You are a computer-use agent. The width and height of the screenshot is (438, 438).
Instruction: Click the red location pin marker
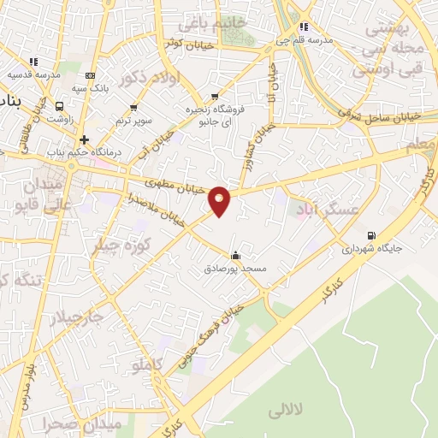[x=220, y=200]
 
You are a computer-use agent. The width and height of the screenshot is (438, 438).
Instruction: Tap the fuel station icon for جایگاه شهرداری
[x=370, y=236]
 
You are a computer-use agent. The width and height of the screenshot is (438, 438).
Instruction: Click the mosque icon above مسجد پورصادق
[x=235, y=255]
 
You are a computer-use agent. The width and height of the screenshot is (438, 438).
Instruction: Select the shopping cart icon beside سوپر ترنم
[x=133, y=108]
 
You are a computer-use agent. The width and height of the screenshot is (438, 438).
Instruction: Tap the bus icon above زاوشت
[x=59, y=106]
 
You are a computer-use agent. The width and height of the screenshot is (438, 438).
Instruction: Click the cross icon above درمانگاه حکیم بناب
[x=84, y=139]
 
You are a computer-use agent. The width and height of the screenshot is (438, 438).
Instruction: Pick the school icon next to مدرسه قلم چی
[x=304, y=27]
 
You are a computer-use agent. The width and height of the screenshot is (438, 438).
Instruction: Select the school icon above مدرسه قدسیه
[x=33, y=62]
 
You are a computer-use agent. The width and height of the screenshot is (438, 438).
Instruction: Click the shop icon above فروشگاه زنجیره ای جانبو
[x=214, y=97]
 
